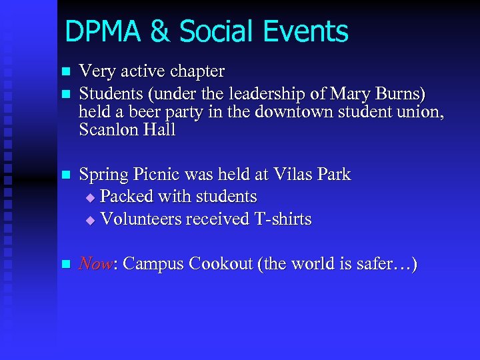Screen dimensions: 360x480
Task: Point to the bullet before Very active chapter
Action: coord(65,72)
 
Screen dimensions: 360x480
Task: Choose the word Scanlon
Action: coord(110,130)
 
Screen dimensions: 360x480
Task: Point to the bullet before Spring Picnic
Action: coord(65,176)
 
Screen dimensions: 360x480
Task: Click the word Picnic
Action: coord(159,175)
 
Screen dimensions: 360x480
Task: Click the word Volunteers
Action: coord(143,219)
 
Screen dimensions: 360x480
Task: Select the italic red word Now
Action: coord(94,264)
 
